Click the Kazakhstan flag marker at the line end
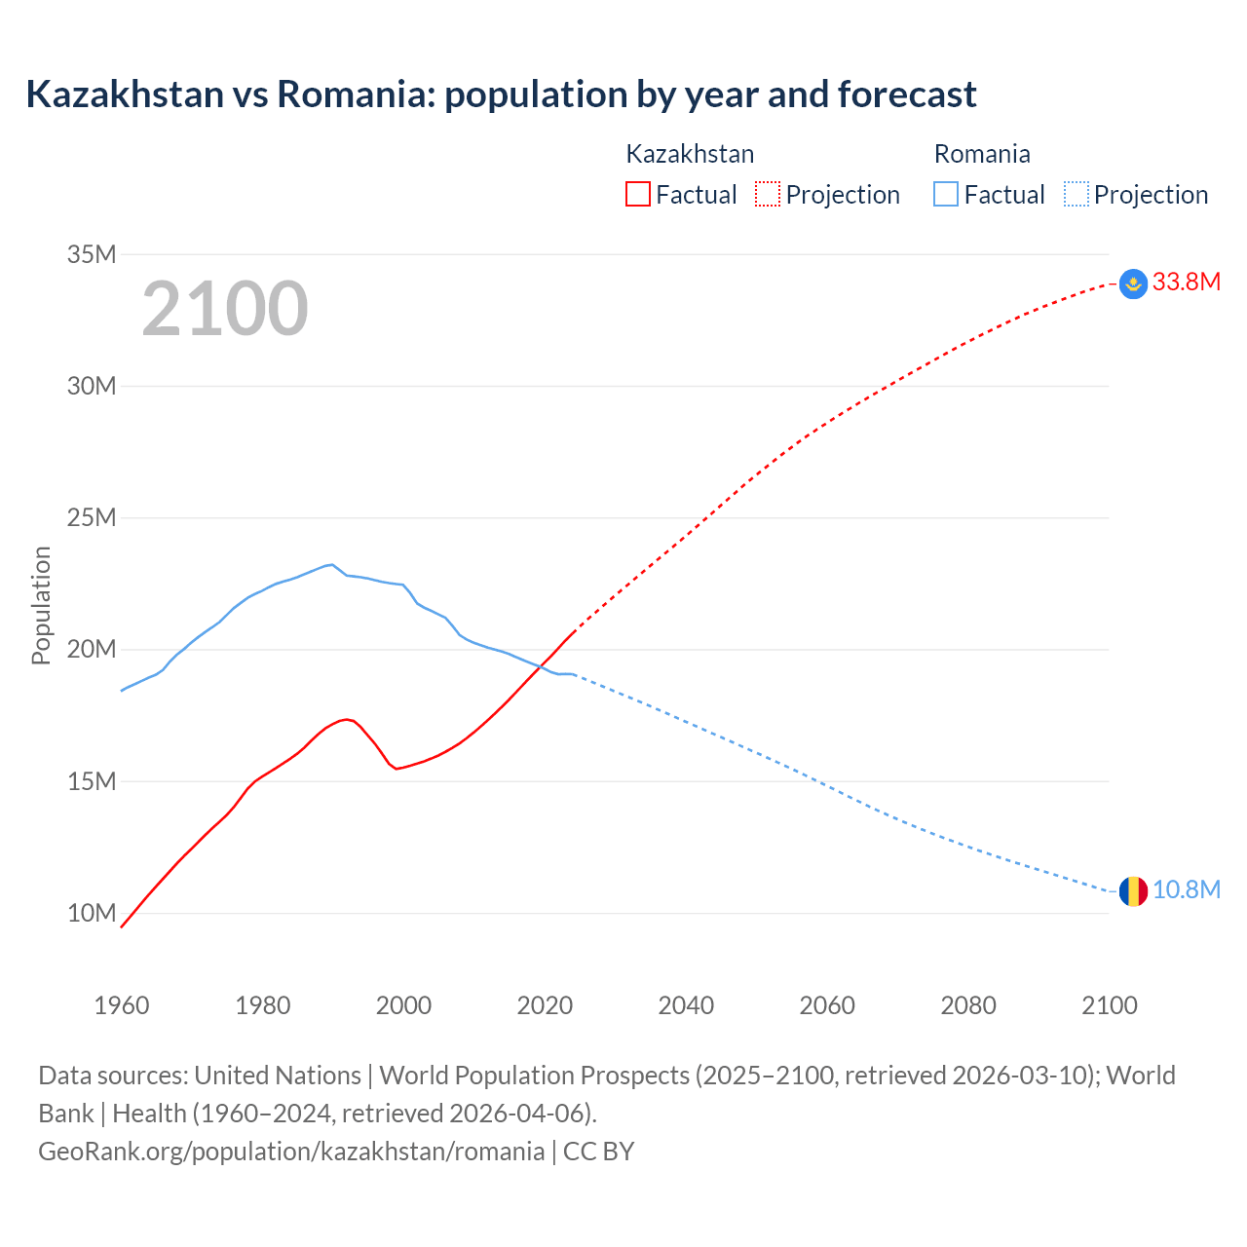[1133, 283]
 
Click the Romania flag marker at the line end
[1133, 890]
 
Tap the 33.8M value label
[1186, 283]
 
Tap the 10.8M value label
[1186, 890]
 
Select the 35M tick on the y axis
[92, 255]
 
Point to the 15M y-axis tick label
[92, 781]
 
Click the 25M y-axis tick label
[92, 518]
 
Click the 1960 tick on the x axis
[122, 1005]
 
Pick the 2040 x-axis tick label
[686, 1005]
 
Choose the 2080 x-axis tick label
[968, 1005]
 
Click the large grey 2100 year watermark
[225, 310]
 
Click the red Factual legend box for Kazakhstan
[637, 194]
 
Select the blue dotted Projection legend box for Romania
[1076, 194]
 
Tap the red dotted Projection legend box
[768, 194]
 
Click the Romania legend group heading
[981, 154]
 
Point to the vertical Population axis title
[41, 605]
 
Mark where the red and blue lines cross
[541, 666]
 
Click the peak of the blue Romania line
[332, 564]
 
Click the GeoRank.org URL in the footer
[291, 1152]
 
